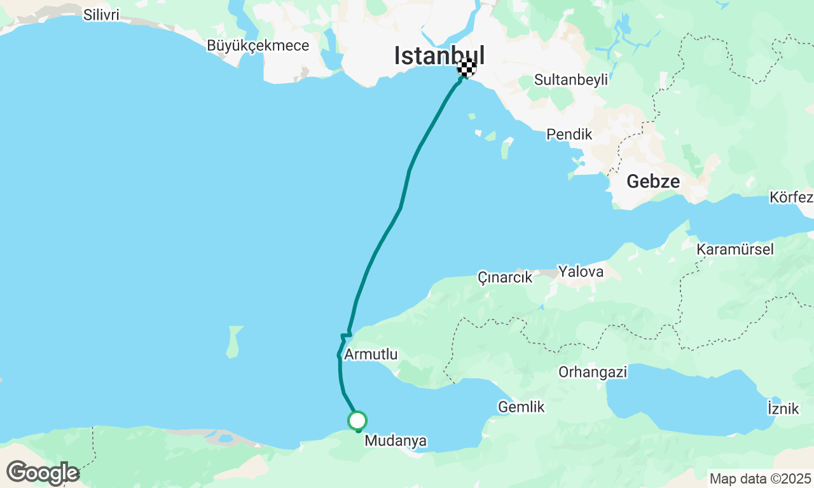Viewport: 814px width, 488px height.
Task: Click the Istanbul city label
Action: (439, 55)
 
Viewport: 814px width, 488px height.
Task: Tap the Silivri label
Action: (101, 15)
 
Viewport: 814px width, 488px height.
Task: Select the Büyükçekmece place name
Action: (258, 46)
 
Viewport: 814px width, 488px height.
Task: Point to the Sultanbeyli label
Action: (570, 80)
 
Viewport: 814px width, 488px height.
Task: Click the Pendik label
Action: (569, 135)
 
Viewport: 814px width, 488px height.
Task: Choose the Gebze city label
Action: (653, 182)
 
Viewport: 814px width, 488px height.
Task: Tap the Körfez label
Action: (791, 197)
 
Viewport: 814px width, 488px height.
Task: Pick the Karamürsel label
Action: (735, 249)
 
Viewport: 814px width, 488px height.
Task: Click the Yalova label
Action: (581, 272)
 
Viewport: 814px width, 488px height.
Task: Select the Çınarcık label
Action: (505, 277)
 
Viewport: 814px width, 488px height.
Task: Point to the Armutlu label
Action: (371, 355)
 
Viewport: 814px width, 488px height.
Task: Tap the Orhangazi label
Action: (593, 372)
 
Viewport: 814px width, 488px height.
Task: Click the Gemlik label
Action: (521, 407)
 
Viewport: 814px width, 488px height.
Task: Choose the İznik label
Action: (783, 408)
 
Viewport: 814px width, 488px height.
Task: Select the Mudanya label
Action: (396, 440)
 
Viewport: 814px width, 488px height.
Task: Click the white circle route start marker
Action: (357, 420)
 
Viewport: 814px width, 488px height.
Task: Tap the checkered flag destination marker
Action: (467, 67)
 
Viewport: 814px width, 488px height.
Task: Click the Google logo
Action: (43, 473)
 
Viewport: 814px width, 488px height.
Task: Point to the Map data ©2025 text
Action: (760, 478)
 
